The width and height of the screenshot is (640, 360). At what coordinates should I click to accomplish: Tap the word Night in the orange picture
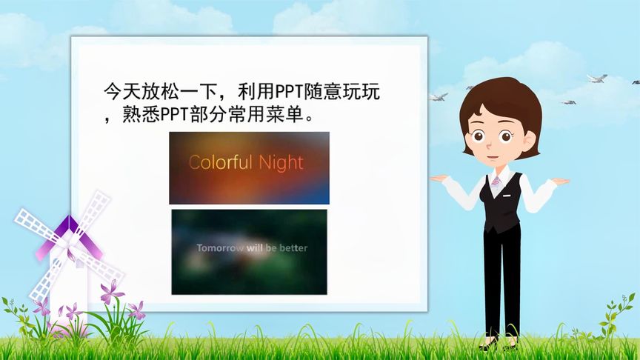click(x=281, y=162)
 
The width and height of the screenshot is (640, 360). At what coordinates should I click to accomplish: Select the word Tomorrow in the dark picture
click(x=220, y=247)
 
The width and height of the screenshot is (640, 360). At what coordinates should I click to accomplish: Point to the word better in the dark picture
click(x=293, y=247)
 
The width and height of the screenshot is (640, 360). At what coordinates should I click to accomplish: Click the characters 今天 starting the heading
click(x=120, y=93)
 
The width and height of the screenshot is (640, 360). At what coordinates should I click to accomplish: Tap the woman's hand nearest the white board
click(x=440, y=178)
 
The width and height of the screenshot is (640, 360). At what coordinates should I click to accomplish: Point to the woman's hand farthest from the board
click(x=560, y=181)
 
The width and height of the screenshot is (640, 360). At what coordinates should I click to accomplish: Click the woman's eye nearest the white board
click(x=480, y=136)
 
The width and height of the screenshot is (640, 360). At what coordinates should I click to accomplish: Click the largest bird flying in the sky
click(x=596, y=78)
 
